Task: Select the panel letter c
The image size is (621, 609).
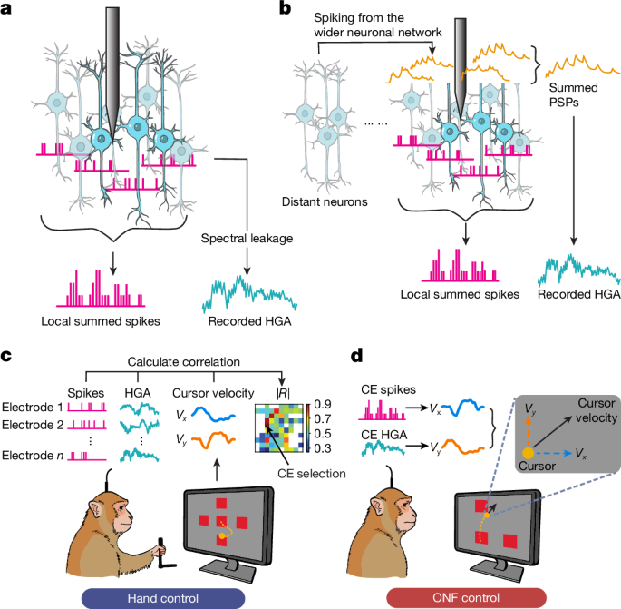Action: pos(9,358)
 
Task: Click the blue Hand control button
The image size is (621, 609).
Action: pos(158,595)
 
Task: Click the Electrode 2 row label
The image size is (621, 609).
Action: pos(34,425)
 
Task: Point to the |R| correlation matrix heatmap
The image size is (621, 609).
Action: pos(286,427)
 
